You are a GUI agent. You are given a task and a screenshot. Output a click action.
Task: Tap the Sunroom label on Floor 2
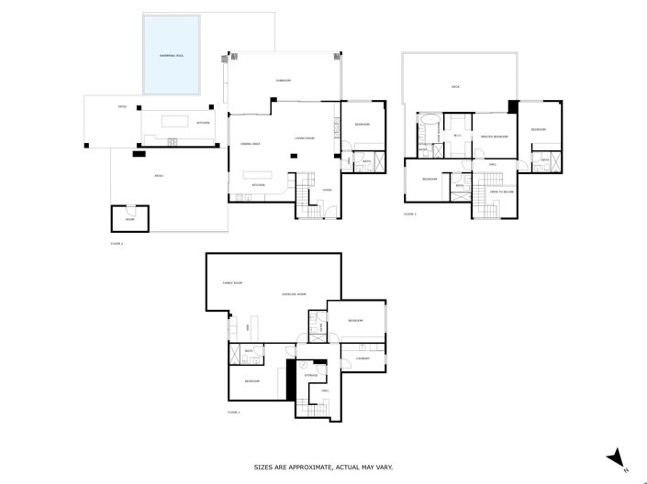pyautogui.click(x=284, y=81)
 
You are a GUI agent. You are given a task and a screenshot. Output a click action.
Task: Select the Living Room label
pyautogui.click(x=304, y=137)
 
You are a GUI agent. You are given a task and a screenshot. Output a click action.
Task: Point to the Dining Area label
pyautogui.click(x=251, y=144)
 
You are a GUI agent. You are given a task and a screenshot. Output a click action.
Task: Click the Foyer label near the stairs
pyautogui.click(x=326, y=190)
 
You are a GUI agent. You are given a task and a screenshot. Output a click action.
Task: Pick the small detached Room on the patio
pyautogui.click(x=129, y=219)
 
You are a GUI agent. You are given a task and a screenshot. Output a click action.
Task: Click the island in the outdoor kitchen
pyautogui.click(x=173, y=121)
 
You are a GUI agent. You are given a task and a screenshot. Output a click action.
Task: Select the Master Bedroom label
pyautogui.click(x=495, y=137)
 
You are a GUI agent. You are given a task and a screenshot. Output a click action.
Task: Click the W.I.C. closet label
pyautogui.click(x=457, y=136)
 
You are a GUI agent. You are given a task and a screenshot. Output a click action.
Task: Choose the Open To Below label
pyautogui.click(x=501, y=192)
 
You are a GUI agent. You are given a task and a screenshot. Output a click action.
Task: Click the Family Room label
pyautogui.click(x=232, y=283)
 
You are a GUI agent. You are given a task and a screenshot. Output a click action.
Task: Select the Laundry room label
pyautogui.click(x=363, y=358)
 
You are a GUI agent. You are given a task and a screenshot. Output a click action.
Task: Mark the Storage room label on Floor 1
pyautogui.click(x=311, y=375)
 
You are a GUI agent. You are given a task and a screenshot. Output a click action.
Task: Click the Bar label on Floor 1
pyautogui.click(x=247, y=326)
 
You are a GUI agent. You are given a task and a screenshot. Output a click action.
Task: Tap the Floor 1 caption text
pyautogui.click(x=233, y=413)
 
